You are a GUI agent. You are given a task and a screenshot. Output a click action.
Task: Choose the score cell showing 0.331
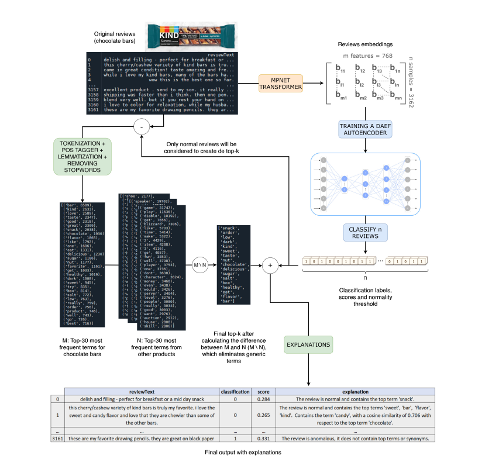coord(259,438)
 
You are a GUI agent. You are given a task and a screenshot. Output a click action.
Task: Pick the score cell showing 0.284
coord(259,399)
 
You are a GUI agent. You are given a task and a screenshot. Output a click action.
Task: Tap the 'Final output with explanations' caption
coord(249,452)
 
